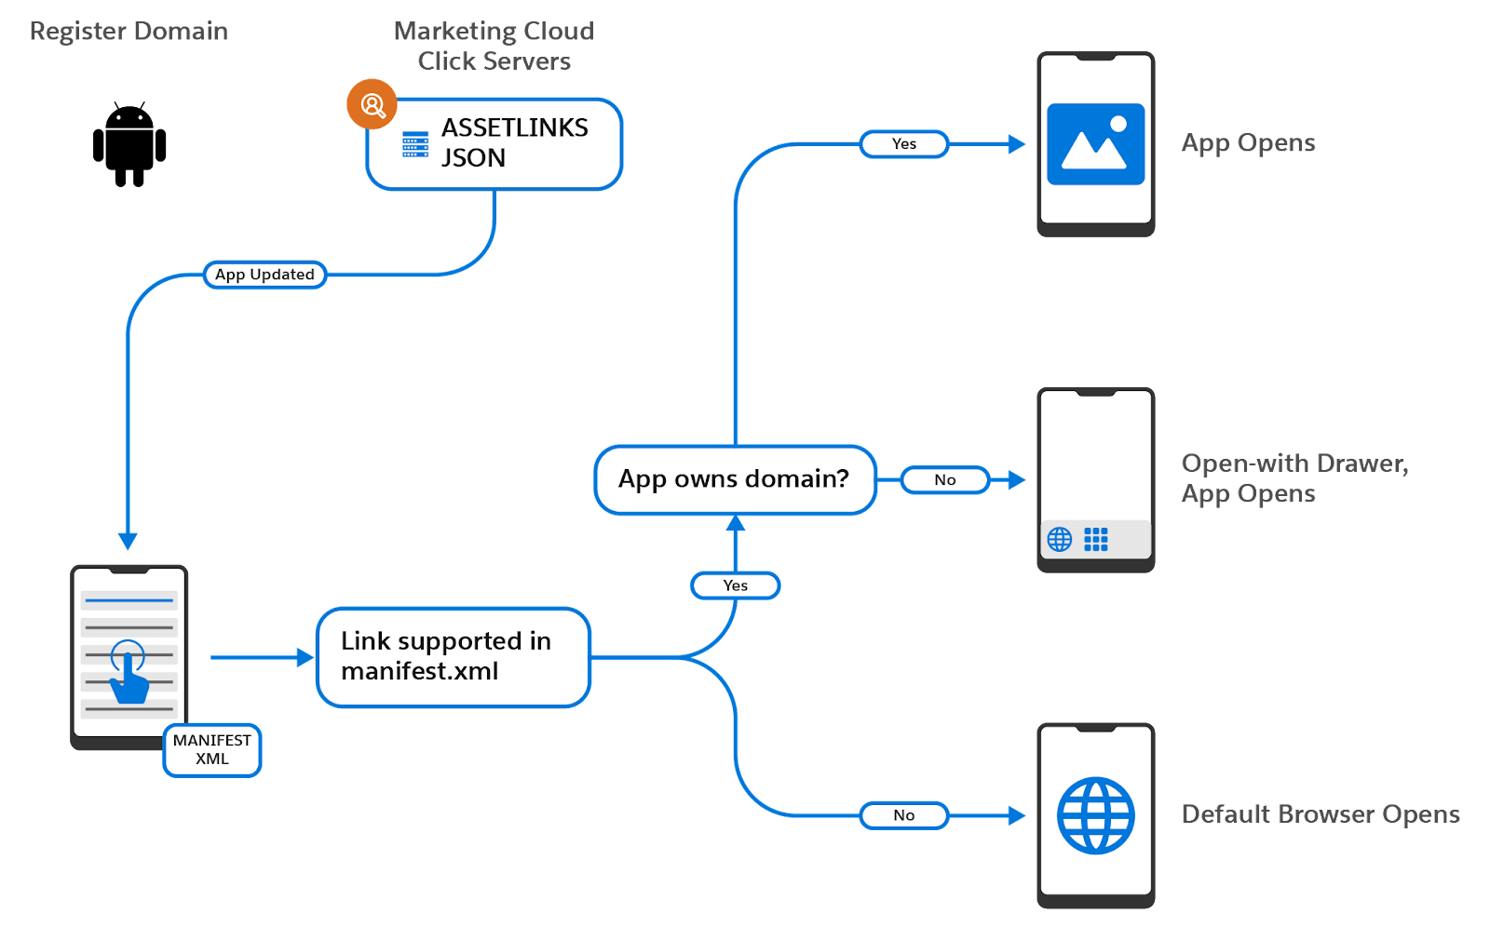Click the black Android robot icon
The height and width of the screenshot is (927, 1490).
coord(129,144)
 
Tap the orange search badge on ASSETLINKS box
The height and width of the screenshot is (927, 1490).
coord(372,104)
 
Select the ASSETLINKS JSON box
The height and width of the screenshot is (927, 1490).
coord(494,143)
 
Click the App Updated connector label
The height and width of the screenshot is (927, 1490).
coord(264,275)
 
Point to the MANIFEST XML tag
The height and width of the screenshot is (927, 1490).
coord(212,750)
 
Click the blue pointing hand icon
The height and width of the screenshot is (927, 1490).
coord(128,672)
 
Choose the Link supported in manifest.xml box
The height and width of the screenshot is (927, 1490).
coord(454,657)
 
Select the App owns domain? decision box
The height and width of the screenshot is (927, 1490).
coord(735,479)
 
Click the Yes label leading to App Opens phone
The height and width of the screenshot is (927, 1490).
coord(904,143)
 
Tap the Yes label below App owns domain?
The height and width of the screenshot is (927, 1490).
coord(736,585)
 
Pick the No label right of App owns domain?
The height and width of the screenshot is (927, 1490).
coord(945,480)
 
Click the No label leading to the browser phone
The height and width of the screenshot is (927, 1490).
coord(904,815)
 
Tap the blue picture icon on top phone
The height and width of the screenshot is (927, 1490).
coord(1095,143)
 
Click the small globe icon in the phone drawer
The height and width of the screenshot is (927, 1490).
coord(1060,539)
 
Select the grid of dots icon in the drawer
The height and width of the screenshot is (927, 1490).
coord(1096,539)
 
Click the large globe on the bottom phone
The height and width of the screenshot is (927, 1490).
coord(1095,815)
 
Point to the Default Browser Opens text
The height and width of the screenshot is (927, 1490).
coord(1321,814)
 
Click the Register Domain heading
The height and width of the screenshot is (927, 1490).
coord(129,32)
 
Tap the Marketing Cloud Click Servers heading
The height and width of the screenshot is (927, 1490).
coord(494,46)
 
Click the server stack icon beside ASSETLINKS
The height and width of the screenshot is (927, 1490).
coord(415,144)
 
